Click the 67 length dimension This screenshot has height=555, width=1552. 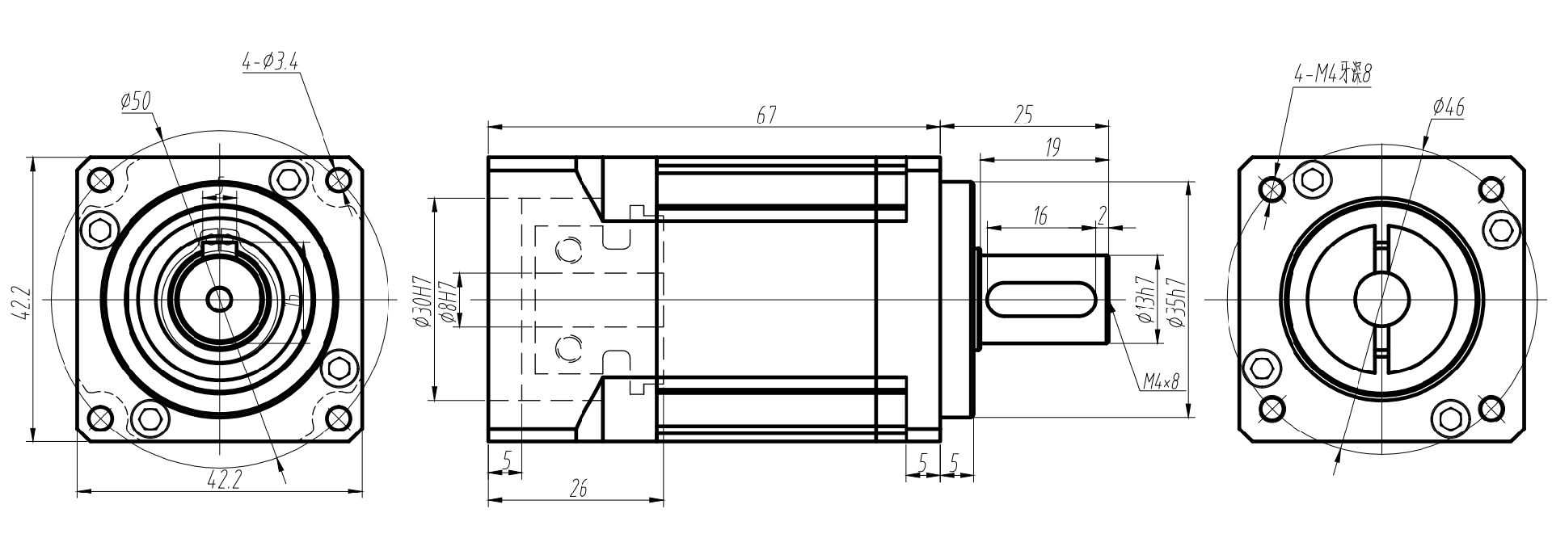point(765,116)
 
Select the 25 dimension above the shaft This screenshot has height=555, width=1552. point(1023,115)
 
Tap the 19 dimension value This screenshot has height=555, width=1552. point(1052,147)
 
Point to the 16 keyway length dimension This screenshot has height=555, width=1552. point(1040,216)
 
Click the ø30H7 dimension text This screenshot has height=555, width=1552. point(421,301)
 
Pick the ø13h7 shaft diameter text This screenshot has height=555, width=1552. point(1144,300)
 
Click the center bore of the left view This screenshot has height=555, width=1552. point(219,300)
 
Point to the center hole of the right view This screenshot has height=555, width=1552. point(1382,300)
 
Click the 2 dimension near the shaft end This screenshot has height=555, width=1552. point(1101,214)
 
